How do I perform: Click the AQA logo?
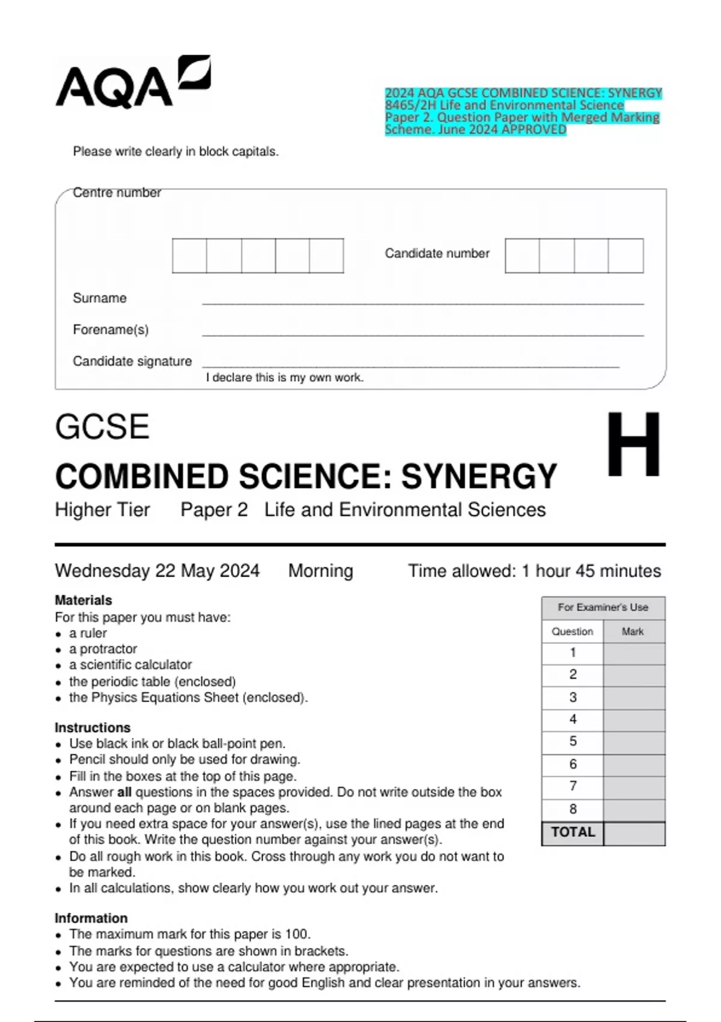pyautogui.click(x=132, y=83)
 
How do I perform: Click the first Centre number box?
pyautogui.click(x=189, y=255)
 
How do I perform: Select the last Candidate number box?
pyautogui.click(x=625, y=255)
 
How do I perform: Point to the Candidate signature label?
pyautogui.click(x=132, y=361)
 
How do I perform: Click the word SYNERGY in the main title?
pyautogui.click(x=479, y=477)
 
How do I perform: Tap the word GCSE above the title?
pyautogui.click(x=102, y=427)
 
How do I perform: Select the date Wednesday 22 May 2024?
pyautogui.click(x=157, y=571)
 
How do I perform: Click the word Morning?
pyautogui.click(x=320, y=571)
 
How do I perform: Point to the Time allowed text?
pyautogui.click(x=534, y=571)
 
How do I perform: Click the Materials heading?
pyautogui.click(x=83, y=600)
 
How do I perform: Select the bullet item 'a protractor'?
pyautogui.click(x=103, y=649)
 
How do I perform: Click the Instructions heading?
pyautogui.click(x=92, y=727)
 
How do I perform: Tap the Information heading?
pyautogui.click(x=91, y=918)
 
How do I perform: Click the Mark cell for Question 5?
pyautogui.click(x=634, y=742)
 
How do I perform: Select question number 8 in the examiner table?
pyautogui.click(x=573, y=809)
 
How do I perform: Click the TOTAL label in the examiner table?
pyautogui.click(x=573, y=833)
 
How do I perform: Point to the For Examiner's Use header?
pyautogui.click(x=603, y=607)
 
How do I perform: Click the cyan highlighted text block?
pyautogui.click(x=523, y=111)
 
